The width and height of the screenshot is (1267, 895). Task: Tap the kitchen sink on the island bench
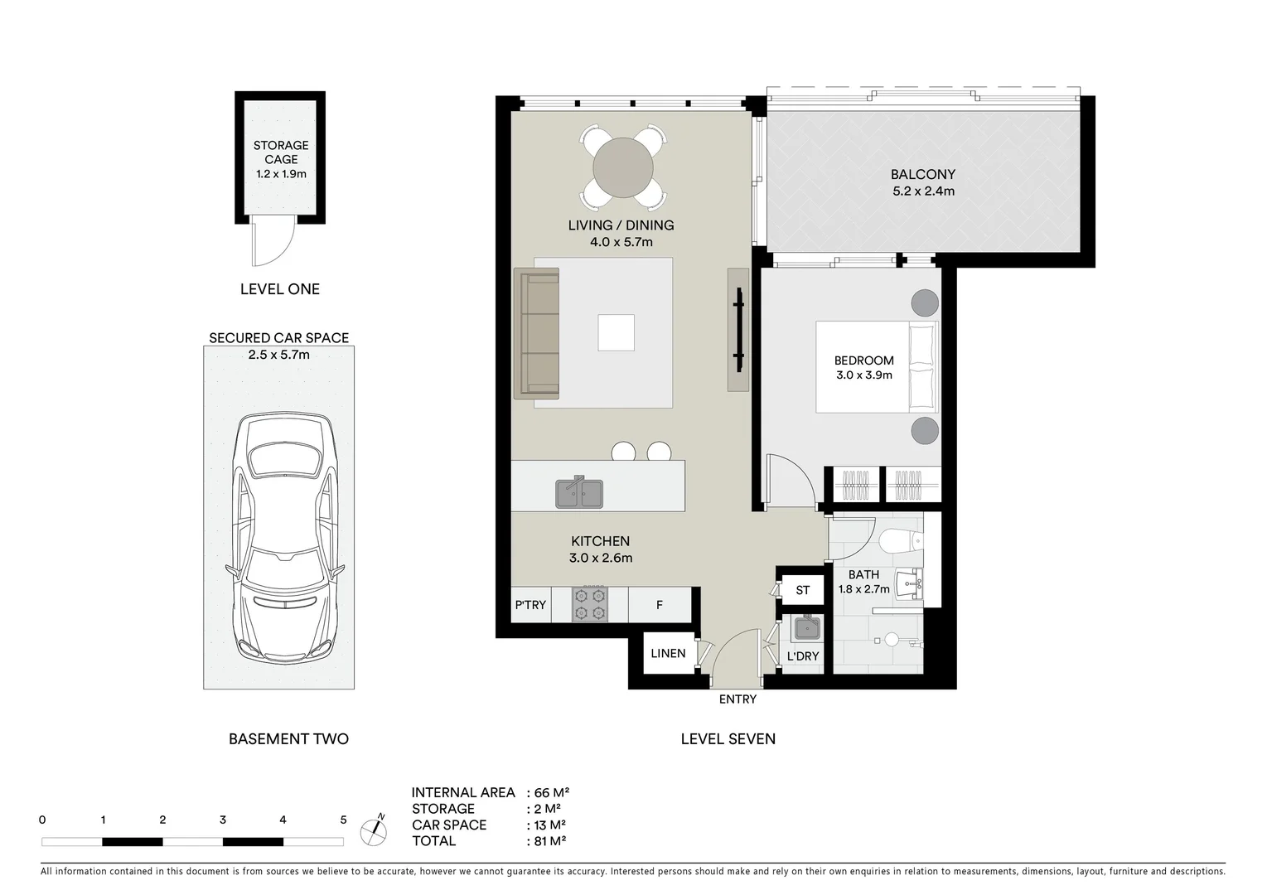[579, 493]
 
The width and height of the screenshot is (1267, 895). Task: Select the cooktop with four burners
[590, 604]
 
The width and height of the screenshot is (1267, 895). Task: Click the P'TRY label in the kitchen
[530, 605]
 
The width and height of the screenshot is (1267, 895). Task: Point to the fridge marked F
[660, 605]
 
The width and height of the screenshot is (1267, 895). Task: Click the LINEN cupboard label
[668, 653]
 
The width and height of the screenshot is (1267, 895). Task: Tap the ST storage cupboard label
[802, 590]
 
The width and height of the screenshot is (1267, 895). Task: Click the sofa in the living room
[537, 332]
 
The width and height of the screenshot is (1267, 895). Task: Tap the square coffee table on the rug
[616, 332]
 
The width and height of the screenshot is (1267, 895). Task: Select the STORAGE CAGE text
[281, 152]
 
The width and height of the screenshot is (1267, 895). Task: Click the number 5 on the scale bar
[343, 820]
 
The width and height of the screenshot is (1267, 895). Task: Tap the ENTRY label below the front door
[737, 699]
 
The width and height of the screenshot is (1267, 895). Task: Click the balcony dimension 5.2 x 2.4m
[923, 191]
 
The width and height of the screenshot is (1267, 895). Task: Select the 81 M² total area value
[550, 841]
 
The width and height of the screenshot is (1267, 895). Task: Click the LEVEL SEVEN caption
[728, 738]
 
